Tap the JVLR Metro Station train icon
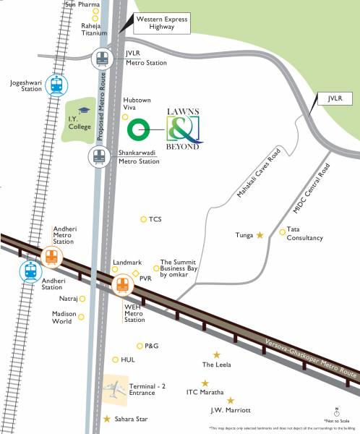coord(102,59)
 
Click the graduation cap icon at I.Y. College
coord(83,110)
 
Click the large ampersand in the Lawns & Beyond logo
coord(179,130)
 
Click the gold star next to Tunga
coord(260,235)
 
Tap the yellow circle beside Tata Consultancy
coord(283,232)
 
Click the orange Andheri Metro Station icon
coord(51,257)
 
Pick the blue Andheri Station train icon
coord(31,271)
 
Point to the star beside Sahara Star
coord(108,419)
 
